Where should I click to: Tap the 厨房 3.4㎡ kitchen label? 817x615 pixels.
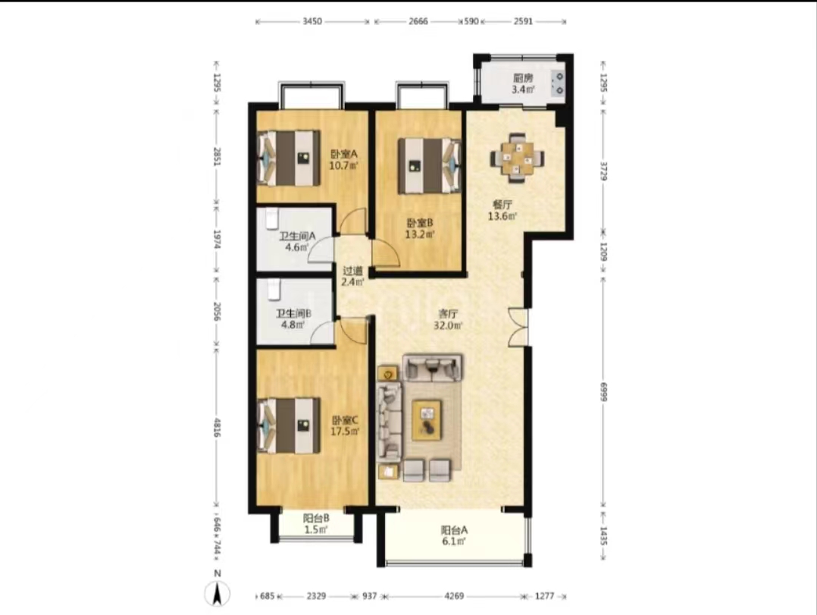pyautogui.click(x=523, y=84)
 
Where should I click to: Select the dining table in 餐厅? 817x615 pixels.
pyautogui.click(x=518, y=158)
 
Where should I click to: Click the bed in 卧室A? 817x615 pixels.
pyautogui.click(x=289, y=158)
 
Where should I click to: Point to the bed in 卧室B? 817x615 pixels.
pyautogui.click(x=430, y=166)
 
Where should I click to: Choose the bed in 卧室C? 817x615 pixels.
pyautogui.click(x=289, y=426)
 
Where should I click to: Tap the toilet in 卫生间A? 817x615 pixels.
pyautogui.click(x=272, y=219)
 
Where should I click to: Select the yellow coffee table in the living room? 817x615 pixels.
pyautogui.click(x=427, y=419)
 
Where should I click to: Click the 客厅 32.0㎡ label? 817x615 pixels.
pyautogui.click(x=448, y=320)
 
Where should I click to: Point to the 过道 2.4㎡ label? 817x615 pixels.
pyautogui.click(x=352, y=276)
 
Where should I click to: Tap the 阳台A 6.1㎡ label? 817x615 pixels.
pyautogui.click(x=454, y=536)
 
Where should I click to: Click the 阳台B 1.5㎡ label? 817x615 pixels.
pyautogui.click(x=316, y=524)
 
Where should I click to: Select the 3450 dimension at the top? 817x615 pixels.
pyautogui.click(x=312, y=21)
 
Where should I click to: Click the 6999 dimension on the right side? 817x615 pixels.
pyautogui.click(x=604, y=392)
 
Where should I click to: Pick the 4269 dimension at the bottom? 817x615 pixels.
pyautogui.click(x=454, y=596)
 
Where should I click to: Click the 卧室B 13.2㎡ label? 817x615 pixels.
pyautogui.click(x=419, y=229)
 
